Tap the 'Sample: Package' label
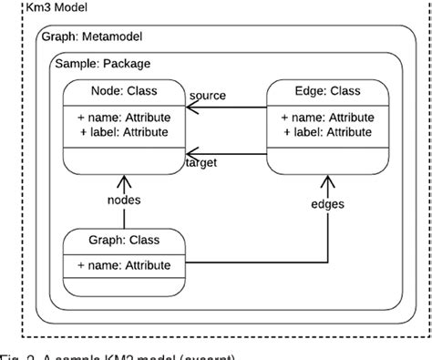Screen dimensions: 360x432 click(x=102, y=64)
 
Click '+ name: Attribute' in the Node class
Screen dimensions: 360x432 click(x=124, y=118)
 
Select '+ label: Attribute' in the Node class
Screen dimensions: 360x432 click(x=124, y=132)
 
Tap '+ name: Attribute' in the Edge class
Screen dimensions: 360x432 click(x=326, y=118)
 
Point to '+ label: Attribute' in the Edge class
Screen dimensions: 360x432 click(x=326, y=132)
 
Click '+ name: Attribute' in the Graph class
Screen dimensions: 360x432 click(x=124, y=265)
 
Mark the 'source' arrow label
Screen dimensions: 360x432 click(x=208, y=96)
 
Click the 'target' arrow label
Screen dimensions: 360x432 click(x=202, y=162)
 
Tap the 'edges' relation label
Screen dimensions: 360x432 click(x=327, y=203)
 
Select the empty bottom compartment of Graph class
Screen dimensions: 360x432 click(x=124, y=286)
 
